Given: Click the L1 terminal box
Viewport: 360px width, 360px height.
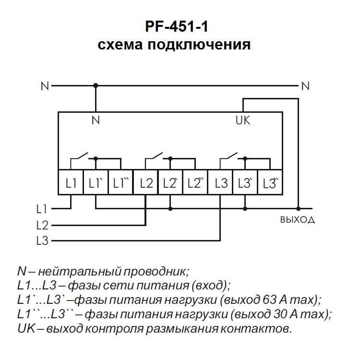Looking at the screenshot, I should pyautogui.click(x=71, y=183).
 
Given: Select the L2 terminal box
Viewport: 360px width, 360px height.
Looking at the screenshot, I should pyautogui.click(x=145, y=183).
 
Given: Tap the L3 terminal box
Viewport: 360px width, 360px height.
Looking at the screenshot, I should pyautogui.click(x=220, y=183).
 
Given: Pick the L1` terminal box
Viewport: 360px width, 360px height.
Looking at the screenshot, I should pyautogui.click(x=96, y=183).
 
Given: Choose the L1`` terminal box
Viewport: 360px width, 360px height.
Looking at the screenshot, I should pyautogui.click(x=120, y=183).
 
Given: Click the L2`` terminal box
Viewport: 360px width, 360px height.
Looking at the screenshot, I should pyautogui.click(x=195, y=183).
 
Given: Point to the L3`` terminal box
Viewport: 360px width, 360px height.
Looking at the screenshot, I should pyautogui.click(x=270, y=183).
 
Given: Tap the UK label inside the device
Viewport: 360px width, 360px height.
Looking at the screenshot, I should pyautogui.click(x=243, y=120).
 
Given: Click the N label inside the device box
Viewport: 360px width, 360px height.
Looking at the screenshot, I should pyautogui.click(x=96, y=120).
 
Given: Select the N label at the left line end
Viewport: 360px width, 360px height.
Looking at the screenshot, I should pyautogui.click(x=45, y=86).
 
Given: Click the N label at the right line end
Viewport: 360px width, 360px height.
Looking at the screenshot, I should pyautogui.click(x=305, y=86).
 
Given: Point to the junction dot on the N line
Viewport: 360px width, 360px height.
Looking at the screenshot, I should pyautogui.click(x=96, y=85).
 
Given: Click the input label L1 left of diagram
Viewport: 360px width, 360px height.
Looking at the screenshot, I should pyautogui.click(x=42, y=209).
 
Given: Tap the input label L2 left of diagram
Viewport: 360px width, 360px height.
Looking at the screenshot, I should pyautogui.click(x=42, y=225).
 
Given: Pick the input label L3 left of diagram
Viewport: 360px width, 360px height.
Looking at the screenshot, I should pyautogui.click(x=42, y=240).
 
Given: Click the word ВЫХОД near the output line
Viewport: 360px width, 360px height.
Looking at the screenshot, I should pyautogui.click(x=297, y=220).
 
